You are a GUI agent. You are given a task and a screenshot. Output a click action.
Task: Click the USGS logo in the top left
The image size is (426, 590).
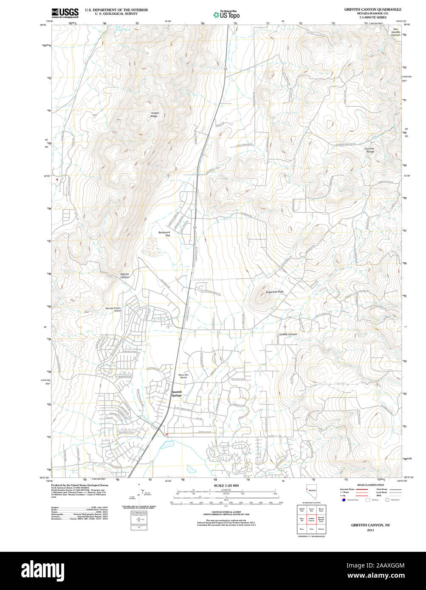click(x=65, y=13)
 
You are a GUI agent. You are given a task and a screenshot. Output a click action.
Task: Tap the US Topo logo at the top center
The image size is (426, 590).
click(x=227, y=15)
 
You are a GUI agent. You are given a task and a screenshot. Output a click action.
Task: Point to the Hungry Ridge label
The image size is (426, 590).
click(x=154, y=114)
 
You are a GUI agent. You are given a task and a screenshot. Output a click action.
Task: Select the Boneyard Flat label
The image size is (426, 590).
click(x=164, y=233)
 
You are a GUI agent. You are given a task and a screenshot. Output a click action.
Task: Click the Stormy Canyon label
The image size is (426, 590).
click(x=124, y=275)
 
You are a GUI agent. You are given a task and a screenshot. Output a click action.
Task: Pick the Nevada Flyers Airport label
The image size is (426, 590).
click(x=113, y=309)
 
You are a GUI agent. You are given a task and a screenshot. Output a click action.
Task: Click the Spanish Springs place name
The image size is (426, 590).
click(x=176, y=393)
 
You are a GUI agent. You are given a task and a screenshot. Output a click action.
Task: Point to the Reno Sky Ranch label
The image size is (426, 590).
click(x=183, y=376)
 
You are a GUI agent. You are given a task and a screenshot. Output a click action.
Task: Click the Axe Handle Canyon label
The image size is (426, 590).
click(x=395, y=32)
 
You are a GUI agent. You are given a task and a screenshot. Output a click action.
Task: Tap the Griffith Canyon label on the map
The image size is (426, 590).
click(x=288, y=334)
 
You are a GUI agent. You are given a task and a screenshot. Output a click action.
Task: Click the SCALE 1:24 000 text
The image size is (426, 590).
click(x=226, y=486)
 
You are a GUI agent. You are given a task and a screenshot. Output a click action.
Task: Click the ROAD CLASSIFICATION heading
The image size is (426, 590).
click(x=370, y=485)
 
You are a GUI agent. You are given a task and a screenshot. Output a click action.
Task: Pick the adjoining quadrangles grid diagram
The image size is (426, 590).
click(x=311, y=519)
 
